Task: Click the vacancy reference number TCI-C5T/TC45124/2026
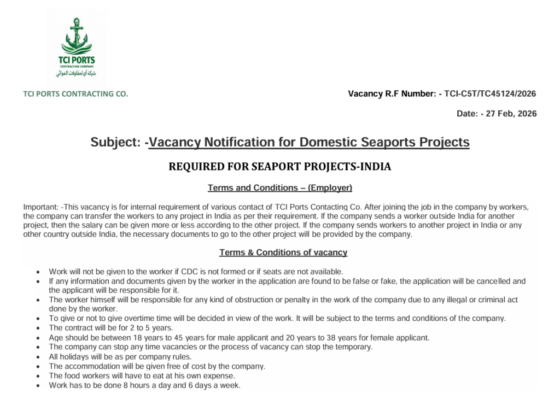[490, 94]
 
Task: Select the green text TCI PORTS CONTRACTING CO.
[75, 94]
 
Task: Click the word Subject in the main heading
[115, 143]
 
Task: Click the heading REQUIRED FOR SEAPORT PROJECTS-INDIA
[279, 167]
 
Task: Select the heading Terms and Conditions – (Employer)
[279, 188]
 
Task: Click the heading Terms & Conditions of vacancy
[283, 253]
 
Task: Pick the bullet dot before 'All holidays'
[37, 357]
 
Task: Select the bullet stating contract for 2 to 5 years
[111, 328]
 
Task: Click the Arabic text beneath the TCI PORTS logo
[77, 72]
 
